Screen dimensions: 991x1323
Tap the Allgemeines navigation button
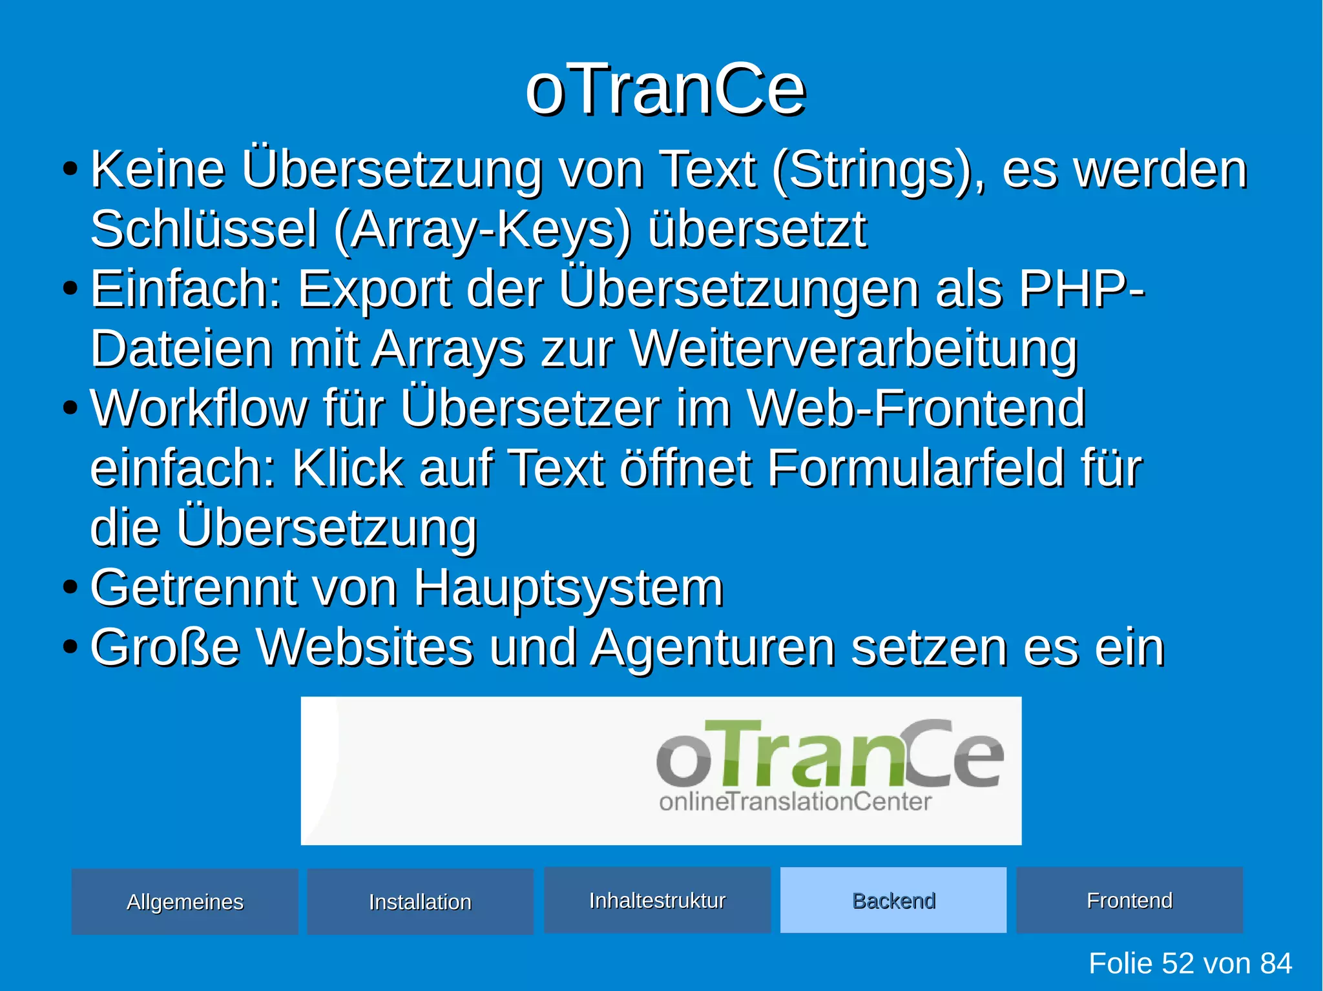(185, 901)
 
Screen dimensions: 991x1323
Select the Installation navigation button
(420, 901)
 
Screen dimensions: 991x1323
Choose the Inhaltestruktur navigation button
(657, 900)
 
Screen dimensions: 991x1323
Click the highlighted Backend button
(893, 900)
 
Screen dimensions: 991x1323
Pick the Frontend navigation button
(1129, 900)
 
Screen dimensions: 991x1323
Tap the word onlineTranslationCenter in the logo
(795, 802)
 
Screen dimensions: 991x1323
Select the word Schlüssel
(204, 230)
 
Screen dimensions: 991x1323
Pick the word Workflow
(199, 408)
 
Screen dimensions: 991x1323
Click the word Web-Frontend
(916, 408)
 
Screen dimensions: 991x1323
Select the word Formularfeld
(915, 467)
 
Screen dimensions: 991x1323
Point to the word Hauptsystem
(568, 589)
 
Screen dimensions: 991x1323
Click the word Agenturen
(713, 648)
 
